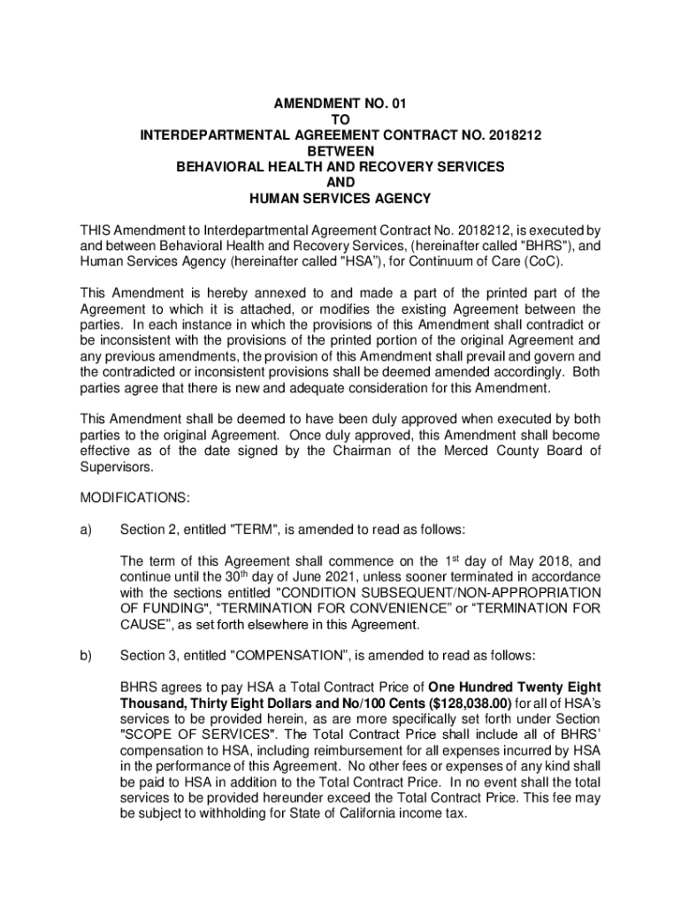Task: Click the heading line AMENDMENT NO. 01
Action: coord(340,103)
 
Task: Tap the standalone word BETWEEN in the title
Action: coord(340,151)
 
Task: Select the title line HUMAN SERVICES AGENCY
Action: coord(340,198)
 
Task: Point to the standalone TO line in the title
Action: coord(340,119)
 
